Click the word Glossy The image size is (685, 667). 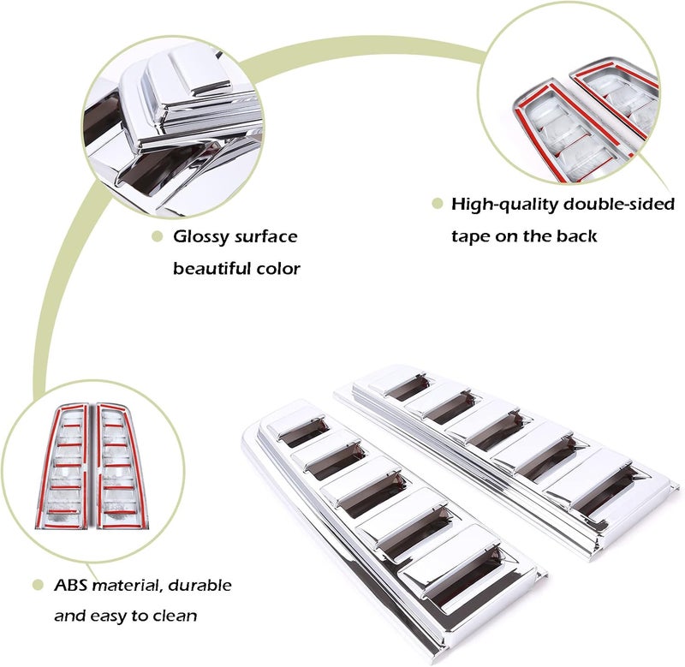click(x=200, y=238)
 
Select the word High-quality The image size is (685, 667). click(x=504, y=205)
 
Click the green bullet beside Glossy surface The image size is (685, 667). click(x=157, y=237)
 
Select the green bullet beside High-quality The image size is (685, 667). click(x=438, y=204)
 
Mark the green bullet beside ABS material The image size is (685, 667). click(x=38, y=585)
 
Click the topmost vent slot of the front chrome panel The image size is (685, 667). click(x=304, y=432)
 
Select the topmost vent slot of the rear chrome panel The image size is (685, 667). click(x=408, y=388)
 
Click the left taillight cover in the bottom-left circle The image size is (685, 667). click(x=63, y=466)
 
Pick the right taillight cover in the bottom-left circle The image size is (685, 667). click(x=121, y=466)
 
